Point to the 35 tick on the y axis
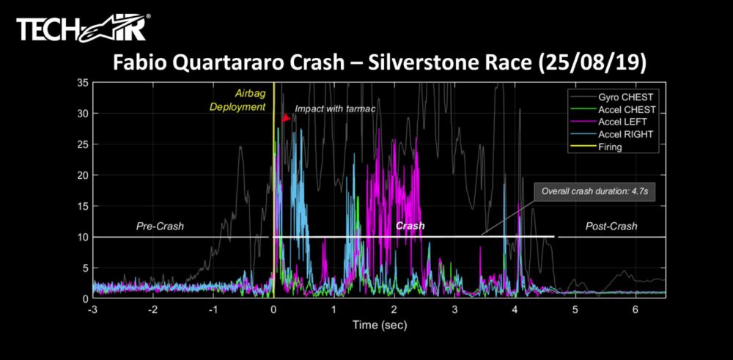(82, 83)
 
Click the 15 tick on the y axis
(82, 206)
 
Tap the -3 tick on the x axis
(92, 310)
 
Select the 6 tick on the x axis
(636, 310)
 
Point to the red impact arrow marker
(286, 118)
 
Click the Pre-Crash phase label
(160, 227)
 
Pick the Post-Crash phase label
(611, 227)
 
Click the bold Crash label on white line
(410, 227)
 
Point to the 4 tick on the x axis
(515, 310)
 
